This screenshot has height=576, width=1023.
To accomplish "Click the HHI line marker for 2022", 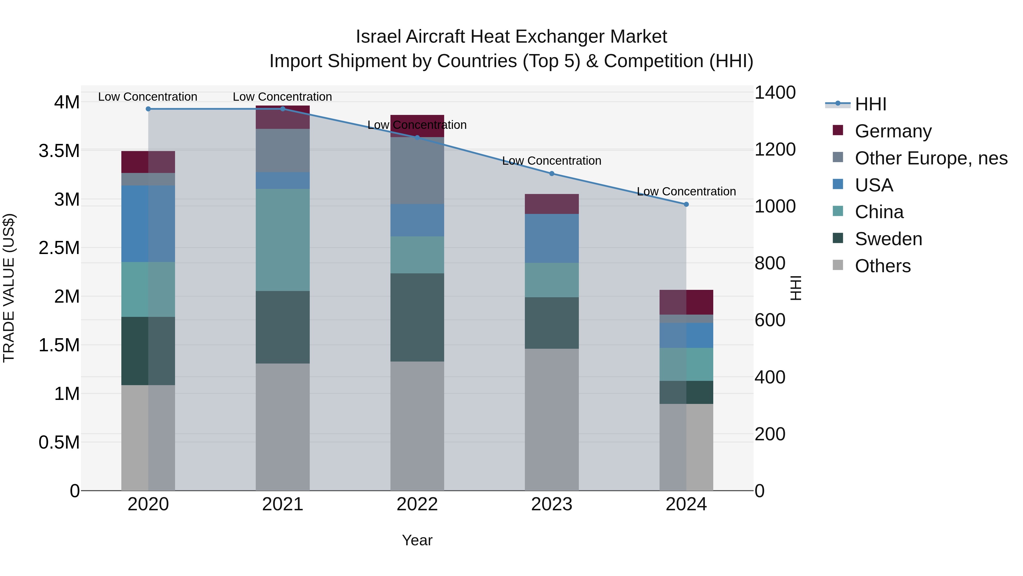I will coord(417,138).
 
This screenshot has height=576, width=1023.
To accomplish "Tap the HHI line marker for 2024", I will coord(686,204).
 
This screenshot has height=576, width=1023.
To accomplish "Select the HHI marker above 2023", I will coord(552,174).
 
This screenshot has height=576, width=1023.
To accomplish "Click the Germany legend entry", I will coord(893,131).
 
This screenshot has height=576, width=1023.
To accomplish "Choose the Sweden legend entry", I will coord(888,239).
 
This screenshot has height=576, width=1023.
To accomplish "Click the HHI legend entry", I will coord(870,104).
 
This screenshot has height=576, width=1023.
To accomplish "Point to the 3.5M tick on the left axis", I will coord(59,151).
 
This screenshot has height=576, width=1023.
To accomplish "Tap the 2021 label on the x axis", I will coord(283,504).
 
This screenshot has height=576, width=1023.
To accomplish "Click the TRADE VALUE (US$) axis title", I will coord(9,288).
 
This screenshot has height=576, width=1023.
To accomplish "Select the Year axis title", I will coord(417,540).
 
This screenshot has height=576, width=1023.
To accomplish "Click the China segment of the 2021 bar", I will coord(283,240).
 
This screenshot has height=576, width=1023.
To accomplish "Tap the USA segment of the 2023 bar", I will coord(552,239).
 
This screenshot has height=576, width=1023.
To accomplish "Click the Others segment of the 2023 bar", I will coord(552,419).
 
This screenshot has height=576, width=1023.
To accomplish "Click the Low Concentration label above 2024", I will coord(686,192).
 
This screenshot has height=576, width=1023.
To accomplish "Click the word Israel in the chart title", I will coord(379,37).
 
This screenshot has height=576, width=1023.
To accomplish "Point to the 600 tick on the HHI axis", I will coord(770,320).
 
